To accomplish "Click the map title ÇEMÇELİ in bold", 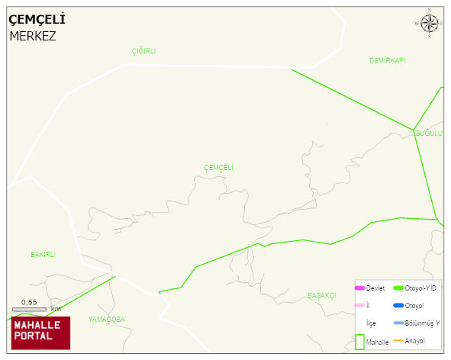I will click(37, 19).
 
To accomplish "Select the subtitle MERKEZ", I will click(33, 35).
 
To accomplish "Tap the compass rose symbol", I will click(430, 24).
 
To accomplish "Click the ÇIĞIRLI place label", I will click(143, 51).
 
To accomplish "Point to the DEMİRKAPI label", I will click(387, 60).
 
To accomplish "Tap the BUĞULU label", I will click(428, 133).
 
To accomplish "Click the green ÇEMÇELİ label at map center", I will click(219, 168).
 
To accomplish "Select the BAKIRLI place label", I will click(43, 255).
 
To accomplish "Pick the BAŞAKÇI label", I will click(322, 295).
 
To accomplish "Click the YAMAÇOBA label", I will click(106, 319).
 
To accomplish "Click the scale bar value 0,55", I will click(29, 302).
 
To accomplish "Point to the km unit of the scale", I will click(56, 309).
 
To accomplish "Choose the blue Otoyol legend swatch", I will click(398, 305).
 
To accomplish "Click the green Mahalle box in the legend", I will click(359, 342).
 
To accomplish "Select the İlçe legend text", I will click(371, 323).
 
